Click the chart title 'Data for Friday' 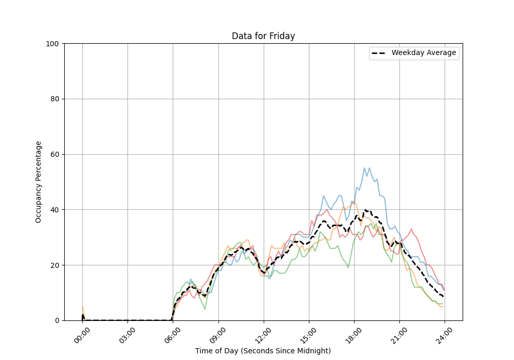point(263,36)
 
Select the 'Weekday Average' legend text point(424,53)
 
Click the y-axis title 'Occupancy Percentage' point(39,182)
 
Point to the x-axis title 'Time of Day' point(263,351)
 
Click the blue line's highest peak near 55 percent point(364,168)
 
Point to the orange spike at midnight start point(82,307)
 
